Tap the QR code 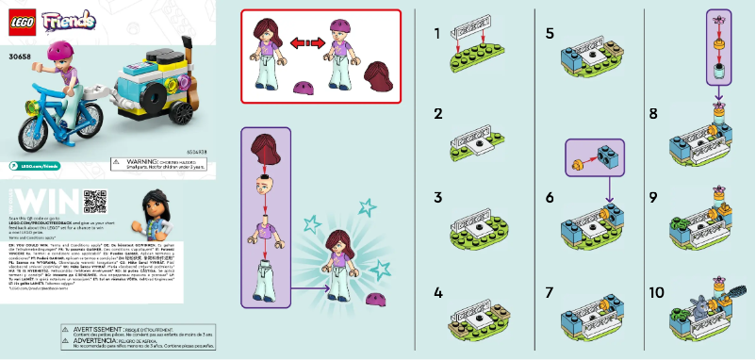[x=95, y=201]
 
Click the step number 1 [x=437, y=34]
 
